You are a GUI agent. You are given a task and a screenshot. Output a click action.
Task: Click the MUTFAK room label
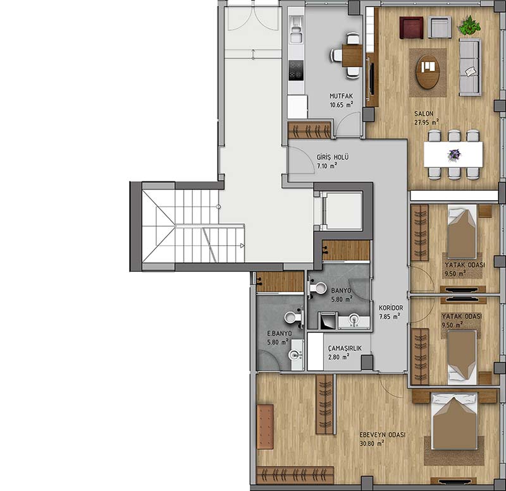pos(341,96)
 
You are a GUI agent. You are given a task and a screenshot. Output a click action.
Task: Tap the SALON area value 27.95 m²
pos(426,122)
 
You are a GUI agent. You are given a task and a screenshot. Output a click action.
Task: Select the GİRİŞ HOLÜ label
pos(333,157)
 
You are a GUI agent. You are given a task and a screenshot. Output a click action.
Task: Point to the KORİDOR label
pos(391,308)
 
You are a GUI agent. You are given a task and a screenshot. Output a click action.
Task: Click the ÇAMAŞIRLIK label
pos(345,348)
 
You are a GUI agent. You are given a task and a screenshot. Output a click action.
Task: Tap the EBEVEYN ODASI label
pos(383,435)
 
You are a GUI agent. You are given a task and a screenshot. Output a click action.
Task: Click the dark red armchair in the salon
pos(412,28)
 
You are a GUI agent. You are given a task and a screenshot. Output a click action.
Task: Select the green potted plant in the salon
pos(469,25)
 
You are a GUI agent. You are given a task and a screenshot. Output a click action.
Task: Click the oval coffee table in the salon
pos(428,71)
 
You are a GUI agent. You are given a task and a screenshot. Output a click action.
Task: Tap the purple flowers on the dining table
pos(454,154)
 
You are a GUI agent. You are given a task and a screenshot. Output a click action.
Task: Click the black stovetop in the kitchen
pos(296,71)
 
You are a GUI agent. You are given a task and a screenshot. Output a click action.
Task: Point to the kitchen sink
pos(296,30)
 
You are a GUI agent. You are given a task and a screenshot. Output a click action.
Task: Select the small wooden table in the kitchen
pos(352,55)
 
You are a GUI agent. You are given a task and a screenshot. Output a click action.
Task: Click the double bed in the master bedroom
pos(455,421)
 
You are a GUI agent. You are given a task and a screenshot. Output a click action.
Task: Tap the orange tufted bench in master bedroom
pos(265,427)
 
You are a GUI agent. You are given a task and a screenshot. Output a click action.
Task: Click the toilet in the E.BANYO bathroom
pos(293,317)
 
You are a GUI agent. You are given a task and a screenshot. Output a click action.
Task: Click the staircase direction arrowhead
pos(242,246)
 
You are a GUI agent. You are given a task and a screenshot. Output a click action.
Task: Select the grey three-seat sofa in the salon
pos(470,68)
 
